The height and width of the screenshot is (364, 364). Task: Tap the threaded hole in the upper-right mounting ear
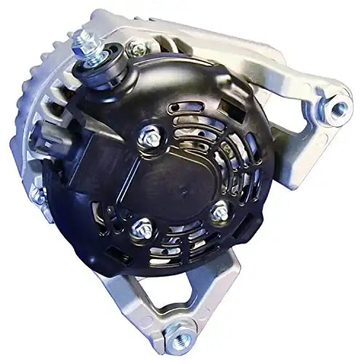(x=339, y=109)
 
